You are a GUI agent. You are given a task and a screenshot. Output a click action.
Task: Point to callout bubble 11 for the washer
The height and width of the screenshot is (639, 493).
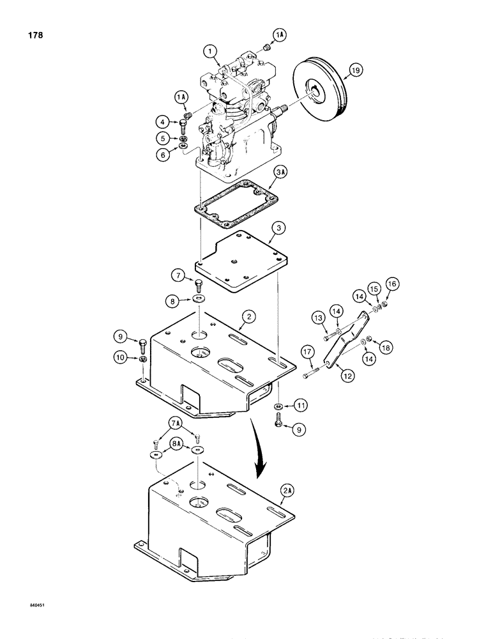[x=296, y=405]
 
